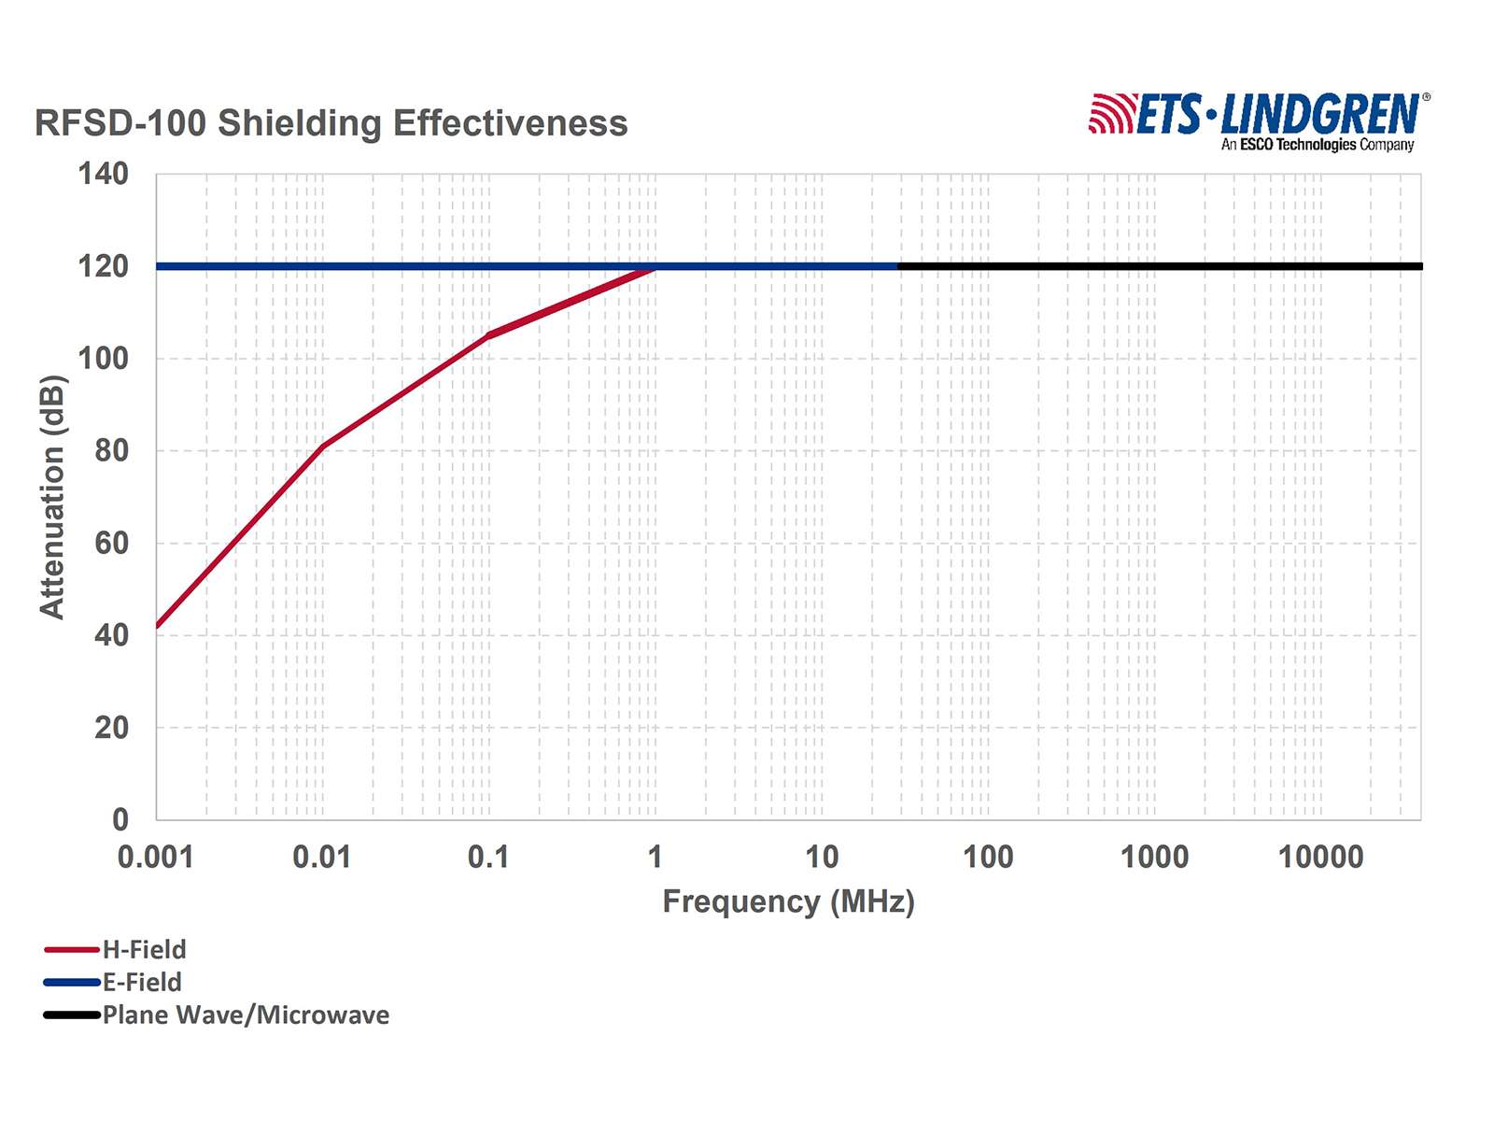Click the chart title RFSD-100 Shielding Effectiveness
point(331,123)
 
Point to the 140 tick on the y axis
point(104,174)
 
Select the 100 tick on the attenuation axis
point(104,359)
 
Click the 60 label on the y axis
point(111,543)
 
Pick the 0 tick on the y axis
point(120,820)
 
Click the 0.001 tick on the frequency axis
point(155,857)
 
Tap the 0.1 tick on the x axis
point(488,857)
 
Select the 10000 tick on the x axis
point(1320,857)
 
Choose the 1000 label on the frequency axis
point(1154,857)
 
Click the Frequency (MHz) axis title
point(788,901)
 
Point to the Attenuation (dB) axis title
point(52,497)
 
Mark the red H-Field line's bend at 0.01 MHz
point(322,447)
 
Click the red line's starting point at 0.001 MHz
point(157,627)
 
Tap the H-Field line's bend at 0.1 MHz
point(488,334)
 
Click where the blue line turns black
point(898,266)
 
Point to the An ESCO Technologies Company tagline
point(1318,145)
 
